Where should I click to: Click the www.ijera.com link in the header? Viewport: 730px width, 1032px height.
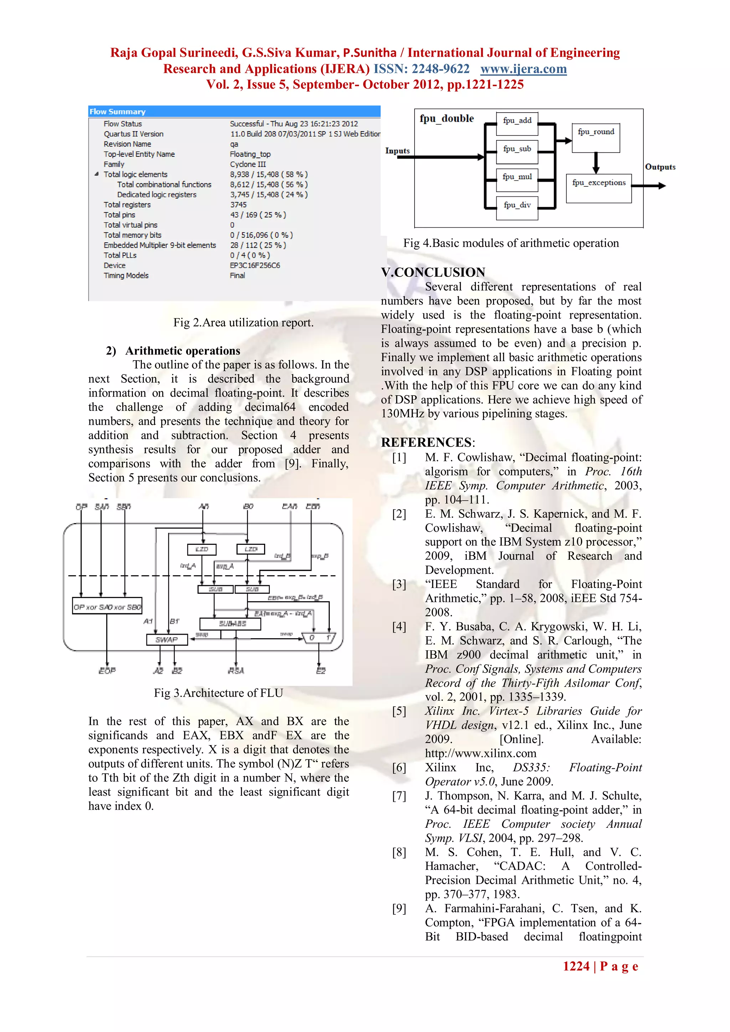[523, 69]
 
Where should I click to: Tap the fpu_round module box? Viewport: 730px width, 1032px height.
[596, 138]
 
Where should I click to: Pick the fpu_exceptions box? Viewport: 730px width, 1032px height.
[598, 188]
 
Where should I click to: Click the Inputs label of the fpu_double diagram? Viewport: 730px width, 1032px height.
[397, 151]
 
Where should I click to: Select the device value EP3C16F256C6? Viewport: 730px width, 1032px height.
[255, 265]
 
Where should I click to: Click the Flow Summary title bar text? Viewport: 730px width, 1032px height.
[117, 112]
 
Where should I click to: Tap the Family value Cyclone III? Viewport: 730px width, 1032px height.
[248, 164]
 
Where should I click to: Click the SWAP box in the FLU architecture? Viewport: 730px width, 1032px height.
[167, 639]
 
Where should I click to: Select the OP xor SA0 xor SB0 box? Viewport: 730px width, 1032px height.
[107, 607]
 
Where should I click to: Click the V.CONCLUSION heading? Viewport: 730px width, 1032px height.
[433, 272]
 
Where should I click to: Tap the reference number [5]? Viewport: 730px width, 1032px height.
[399, 711]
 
